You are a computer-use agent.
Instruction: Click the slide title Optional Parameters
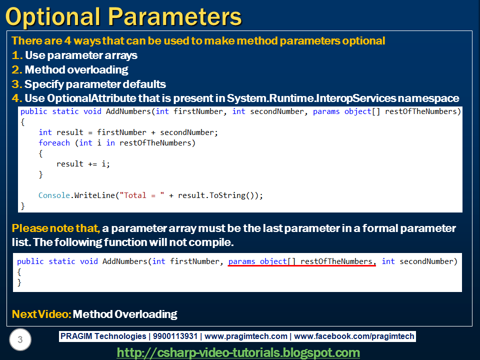pyautogui.click(x=123, y=16)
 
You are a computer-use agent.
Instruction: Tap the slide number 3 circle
pyautogui.click(x=20, y=339)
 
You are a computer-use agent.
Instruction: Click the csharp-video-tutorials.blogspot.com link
pyautogui.click(x=238, y=352)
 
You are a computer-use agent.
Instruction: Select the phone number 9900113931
pyautogui.click(x=175, y=336)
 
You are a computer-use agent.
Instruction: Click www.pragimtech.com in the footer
pyautogui.click(x=246, y=336)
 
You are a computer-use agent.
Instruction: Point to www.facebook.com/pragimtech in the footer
pyautogui.click(x=354, y=336)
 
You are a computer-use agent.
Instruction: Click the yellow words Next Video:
pyautogui.click(x=41, y=314)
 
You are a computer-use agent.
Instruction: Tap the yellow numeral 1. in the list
pyautogui.click(x=17, y=55)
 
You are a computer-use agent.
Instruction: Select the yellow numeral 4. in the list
pyautogui.click(x=17, y=98)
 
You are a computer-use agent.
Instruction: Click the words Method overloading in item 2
pyautogui.click(x=76, y=70)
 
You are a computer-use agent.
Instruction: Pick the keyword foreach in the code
pyautogui.click(x=54, y=143)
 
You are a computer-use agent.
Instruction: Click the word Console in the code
pyautogui.click(x=54, y=195)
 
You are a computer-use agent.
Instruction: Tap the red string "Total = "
pyautogui.click(x=141, y=195)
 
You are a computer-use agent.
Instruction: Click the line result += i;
pyautogui.click(x=83, y=164)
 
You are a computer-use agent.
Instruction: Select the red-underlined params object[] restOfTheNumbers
pyautogui.click(x=302, y=261)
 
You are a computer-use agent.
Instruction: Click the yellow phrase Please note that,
pyautogui.click(x=56, y=228)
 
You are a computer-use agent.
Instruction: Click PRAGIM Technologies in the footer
pyautogui.click(x=103, y=336)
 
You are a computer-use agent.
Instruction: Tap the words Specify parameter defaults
pyautogui.click(x=95, y=84)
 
